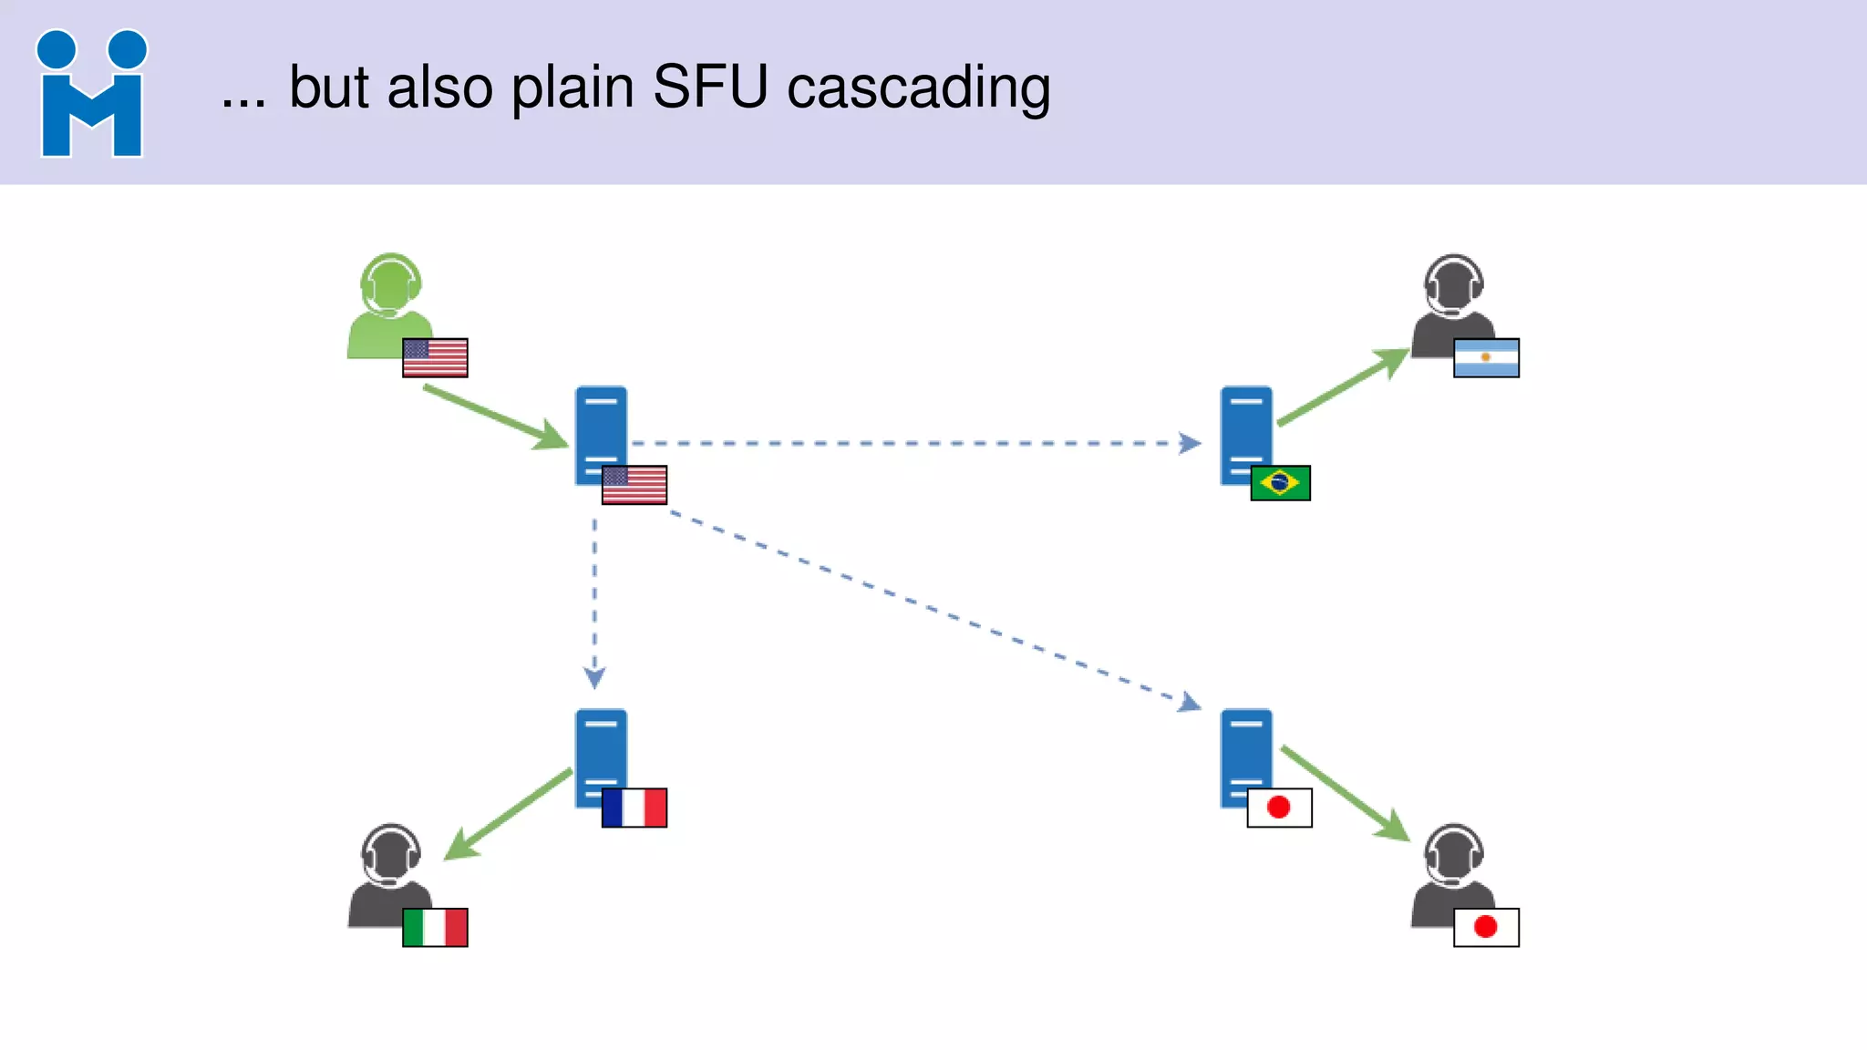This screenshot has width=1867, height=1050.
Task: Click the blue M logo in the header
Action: (x=91, y=93)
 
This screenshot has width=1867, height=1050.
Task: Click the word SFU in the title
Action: (x=710, y=87)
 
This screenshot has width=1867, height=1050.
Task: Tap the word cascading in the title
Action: (x=918, y=89)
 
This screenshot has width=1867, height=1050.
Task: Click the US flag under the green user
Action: (x=435, y=357)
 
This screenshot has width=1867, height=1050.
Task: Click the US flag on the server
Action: (x=634, y=484)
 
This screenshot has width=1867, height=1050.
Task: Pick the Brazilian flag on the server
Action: (x=1280, y=483)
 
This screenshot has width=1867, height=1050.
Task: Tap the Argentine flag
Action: (x=1486, y=357)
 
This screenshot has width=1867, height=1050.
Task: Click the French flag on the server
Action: (x=634, y=808)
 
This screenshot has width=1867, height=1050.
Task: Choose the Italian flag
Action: (x=435, y=927)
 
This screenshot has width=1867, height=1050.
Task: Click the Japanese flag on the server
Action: (x=1279, y=808)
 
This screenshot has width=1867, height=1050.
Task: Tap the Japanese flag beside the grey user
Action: (x=1486, y=927)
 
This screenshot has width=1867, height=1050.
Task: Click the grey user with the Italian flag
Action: (x=389, y=875)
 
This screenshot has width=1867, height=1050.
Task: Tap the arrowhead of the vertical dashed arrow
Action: (x=594, y=678)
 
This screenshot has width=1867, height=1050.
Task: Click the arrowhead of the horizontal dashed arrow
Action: (x=1190, y=444)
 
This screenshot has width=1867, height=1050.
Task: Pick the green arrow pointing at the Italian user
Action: (x=507, y=815)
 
